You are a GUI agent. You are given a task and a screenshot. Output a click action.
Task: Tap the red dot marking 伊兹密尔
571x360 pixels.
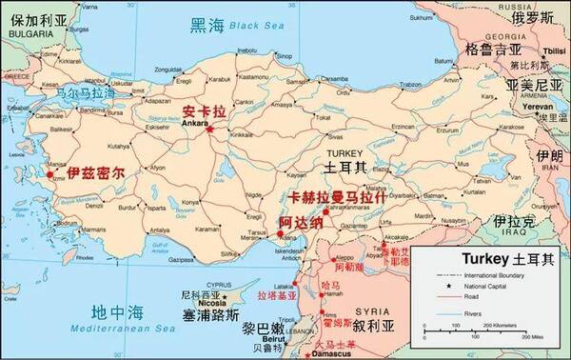(x=50, y=174)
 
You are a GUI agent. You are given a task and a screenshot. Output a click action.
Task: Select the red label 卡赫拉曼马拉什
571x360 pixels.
(x=336, y=198)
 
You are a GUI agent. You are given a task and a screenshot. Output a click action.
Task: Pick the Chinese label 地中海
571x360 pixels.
(x=114, y=312)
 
